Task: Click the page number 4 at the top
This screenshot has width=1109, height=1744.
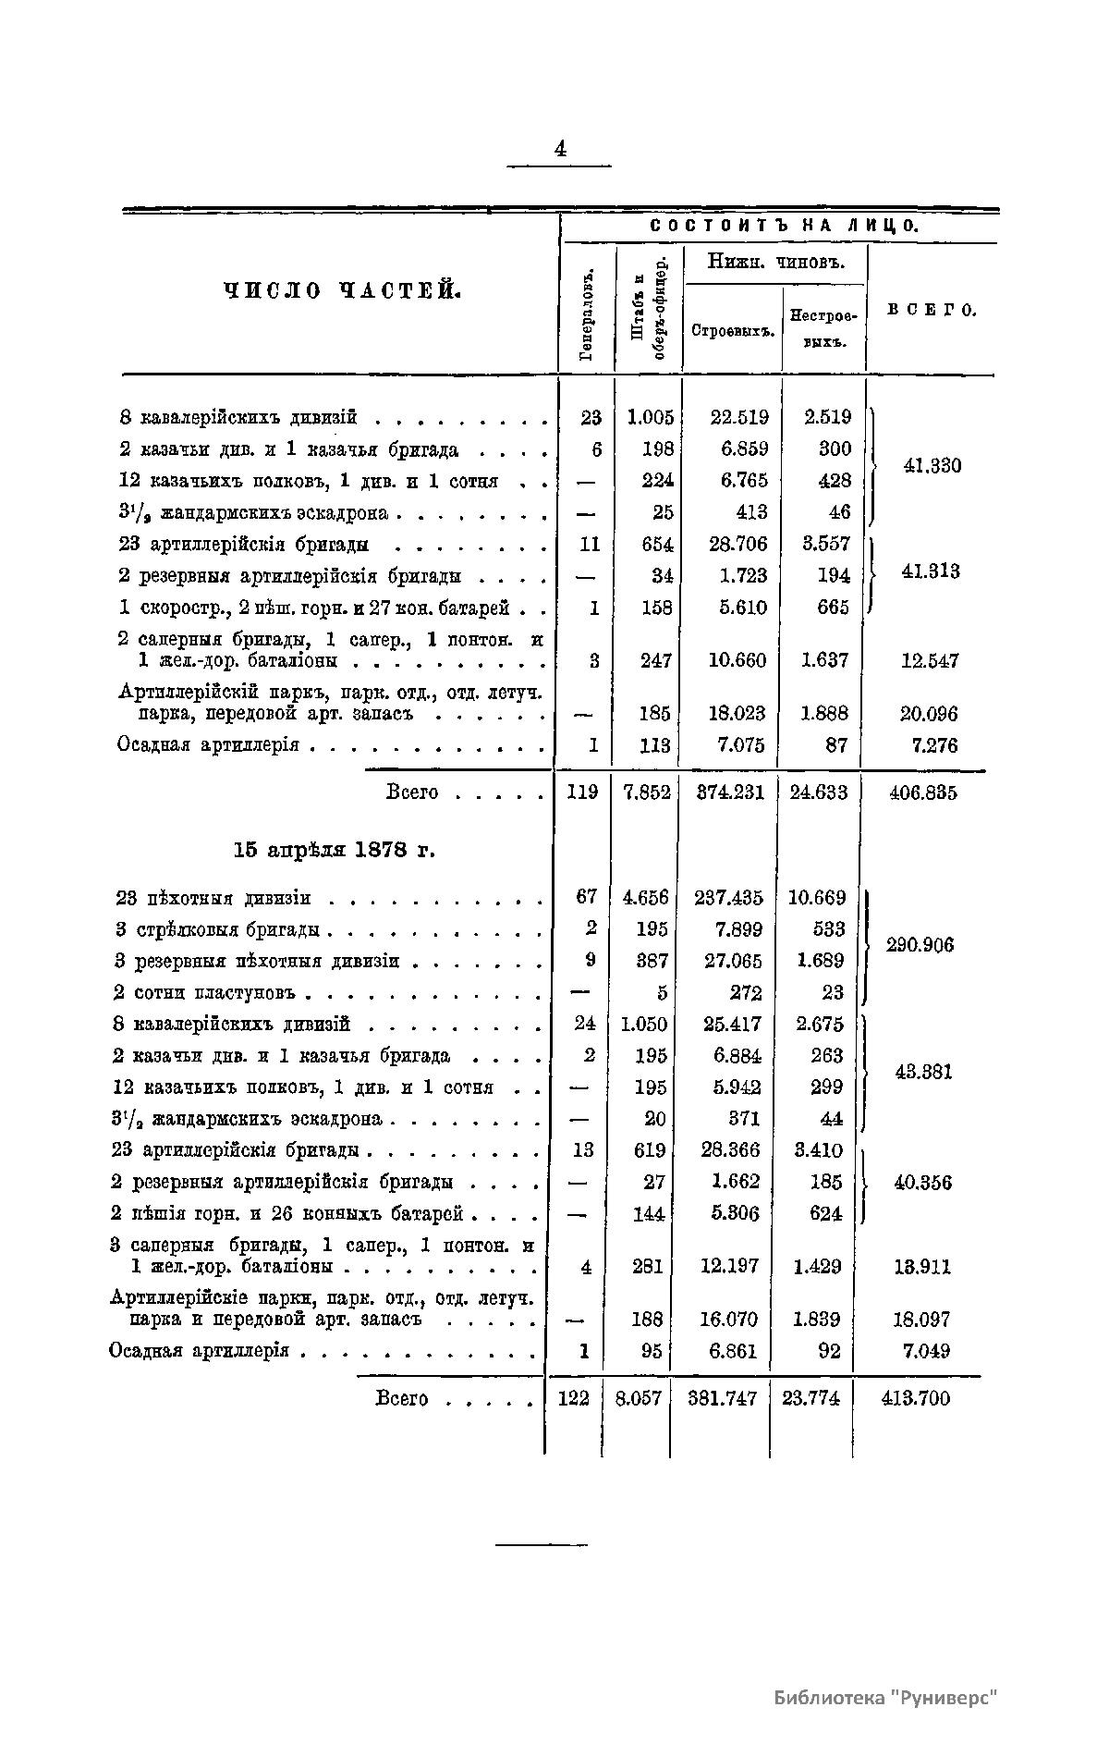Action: pyautogui.click(x=559, y=148)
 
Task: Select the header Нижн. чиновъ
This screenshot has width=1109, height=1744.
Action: pyautogui.click(x=775, y=261)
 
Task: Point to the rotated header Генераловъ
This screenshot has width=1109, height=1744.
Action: pyautogui.click(x=586, y=314)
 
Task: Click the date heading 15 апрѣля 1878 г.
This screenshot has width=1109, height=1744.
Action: pyautogui.click(x=334, y=850)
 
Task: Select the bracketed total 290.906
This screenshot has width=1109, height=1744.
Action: pyautogui.click(x=920, y=945)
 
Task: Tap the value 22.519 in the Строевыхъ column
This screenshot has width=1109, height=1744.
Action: pyautogui.click(x=738, y=417)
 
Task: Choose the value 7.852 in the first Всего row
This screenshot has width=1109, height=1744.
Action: pyautogui.click(x=648, y=792)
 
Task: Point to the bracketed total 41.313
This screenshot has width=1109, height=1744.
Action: pyautogui.click(x=930, y=571)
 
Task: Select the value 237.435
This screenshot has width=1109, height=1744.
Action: pyautogui.click(x=728, y=897)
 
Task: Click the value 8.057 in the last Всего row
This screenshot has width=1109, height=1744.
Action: pyautogui.click(x=639, y=1397)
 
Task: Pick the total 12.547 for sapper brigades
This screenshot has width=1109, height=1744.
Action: pyautogui.click(x=930, y=660)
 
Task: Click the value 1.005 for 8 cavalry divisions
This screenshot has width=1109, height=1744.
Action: pyautogui.click(x=651, y=417)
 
